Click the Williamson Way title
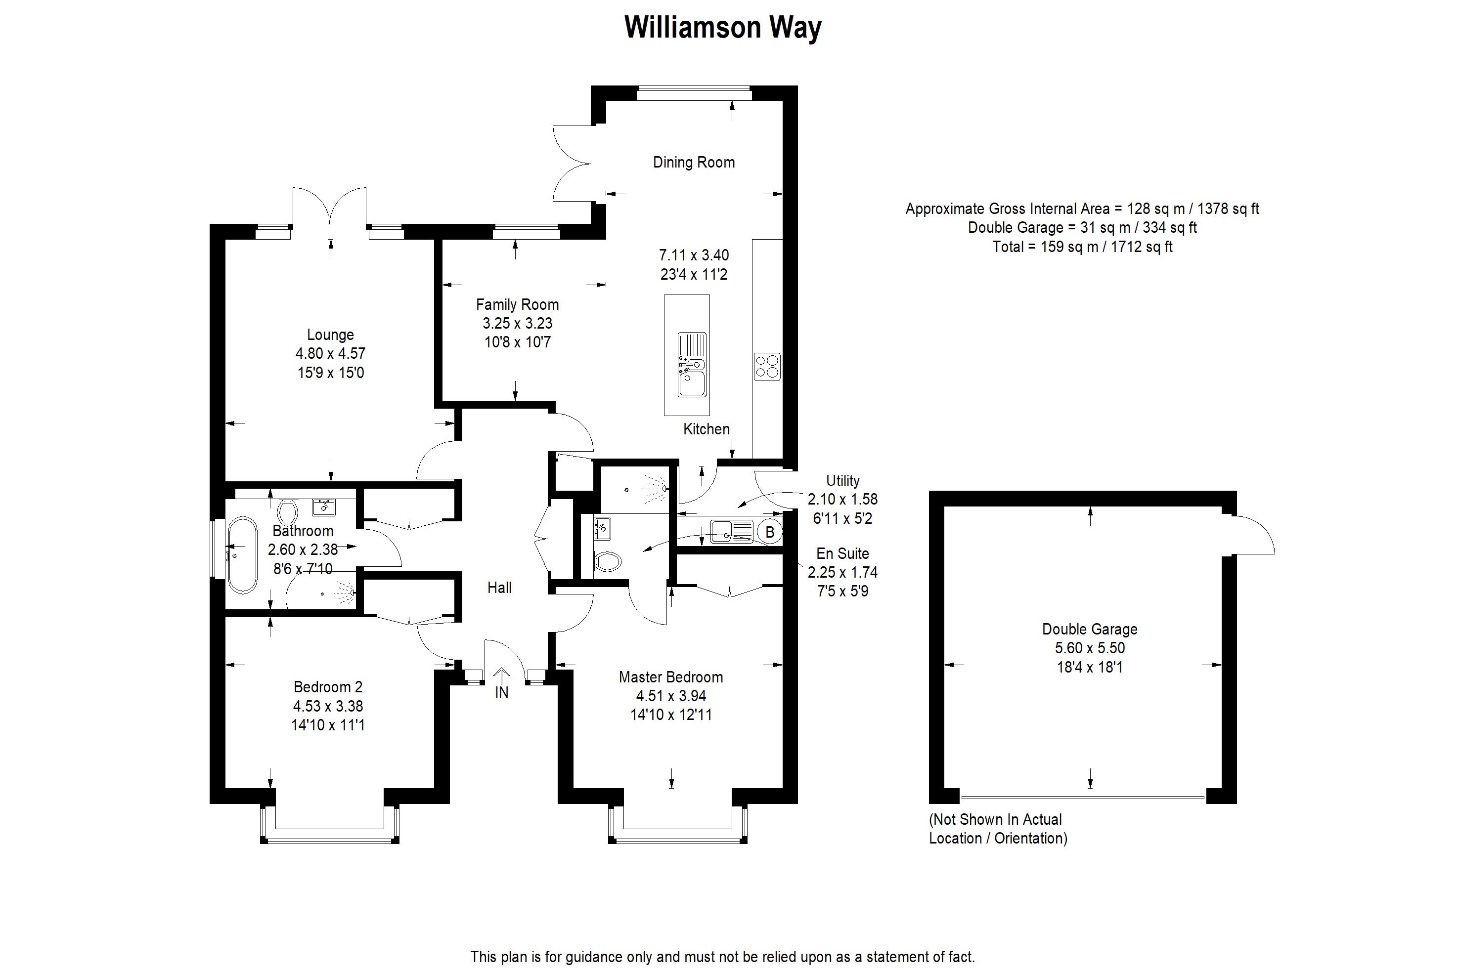pyautogui.click(x=722, y=28)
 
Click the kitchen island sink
pyautogui.click(x=692, y=365)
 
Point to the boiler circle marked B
pyautogui.click(x=770, y=532)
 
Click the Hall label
pyautogui.click(x=499, y=588)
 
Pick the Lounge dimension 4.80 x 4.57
pyautogui.click(x=330, y=354)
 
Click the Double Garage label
pyautogui.click(x=1089, y=629)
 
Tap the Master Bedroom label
pyautogui.click(x=670, y=677)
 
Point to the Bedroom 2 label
pyautogui.click(x=328, y=687)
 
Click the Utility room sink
pyautogui.click(x=731, y=531)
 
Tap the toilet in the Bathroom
pyautogui.click(x=287, y=511)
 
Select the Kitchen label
pyautogui.click(x=707, y=429)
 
